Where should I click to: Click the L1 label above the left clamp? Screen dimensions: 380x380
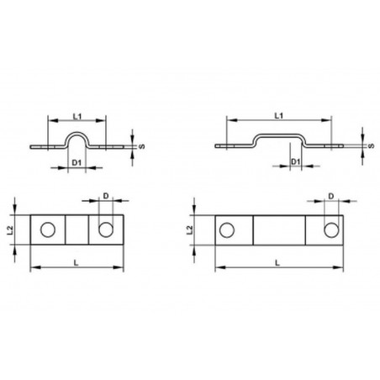coord(77,116)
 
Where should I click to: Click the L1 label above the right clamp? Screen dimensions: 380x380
coord(278,115)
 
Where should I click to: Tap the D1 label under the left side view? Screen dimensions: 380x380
coord(77,162)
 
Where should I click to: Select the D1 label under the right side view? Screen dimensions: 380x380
coord(296,161)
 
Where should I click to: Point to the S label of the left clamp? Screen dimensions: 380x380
coord(142,146)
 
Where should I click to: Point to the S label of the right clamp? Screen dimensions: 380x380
coord(372,145)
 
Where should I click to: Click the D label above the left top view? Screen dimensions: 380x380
coord(106,196)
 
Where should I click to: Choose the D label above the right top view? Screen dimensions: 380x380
coord(331,196)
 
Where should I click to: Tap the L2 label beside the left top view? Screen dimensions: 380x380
coord(10,230)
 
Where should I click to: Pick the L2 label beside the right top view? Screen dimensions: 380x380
coord(190,230)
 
